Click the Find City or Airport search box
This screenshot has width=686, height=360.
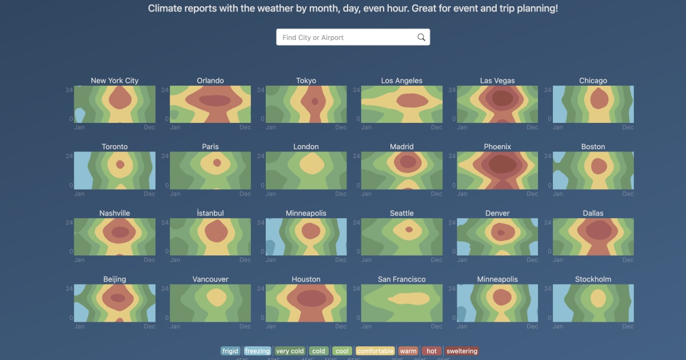coord(346,38)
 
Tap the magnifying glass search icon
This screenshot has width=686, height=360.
coord(421,38)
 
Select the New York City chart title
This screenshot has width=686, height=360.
coord(114,81)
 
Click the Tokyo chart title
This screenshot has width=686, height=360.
coord(306,81)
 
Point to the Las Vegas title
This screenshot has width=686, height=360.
coord(497,81)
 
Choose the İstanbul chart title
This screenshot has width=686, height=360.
coord(210,213)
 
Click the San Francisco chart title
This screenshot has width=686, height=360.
coord(402,279)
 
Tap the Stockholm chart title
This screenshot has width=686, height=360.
coord(593,279)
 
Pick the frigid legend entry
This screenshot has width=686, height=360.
coord(230,351)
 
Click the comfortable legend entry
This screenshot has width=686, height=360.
coord(375,351)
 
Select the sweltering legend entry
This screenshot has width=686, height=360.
coord(461,351)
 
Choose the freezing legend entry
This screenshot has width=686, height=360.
coord(257,351)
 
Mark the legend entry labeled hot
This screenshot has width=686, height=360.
coord(432,351)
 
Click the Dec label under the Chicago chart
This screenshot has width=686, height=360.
coord(628,127)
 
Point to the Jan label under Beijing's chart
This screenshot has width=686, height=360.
coord(79,326)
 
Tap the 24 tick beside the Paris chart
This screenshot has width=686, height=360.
coord(165,156)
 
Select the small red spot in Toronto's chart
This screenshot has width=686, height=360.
coord(120,164)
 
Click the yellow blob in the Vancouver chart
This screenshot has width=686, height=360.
coord(217,297)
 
